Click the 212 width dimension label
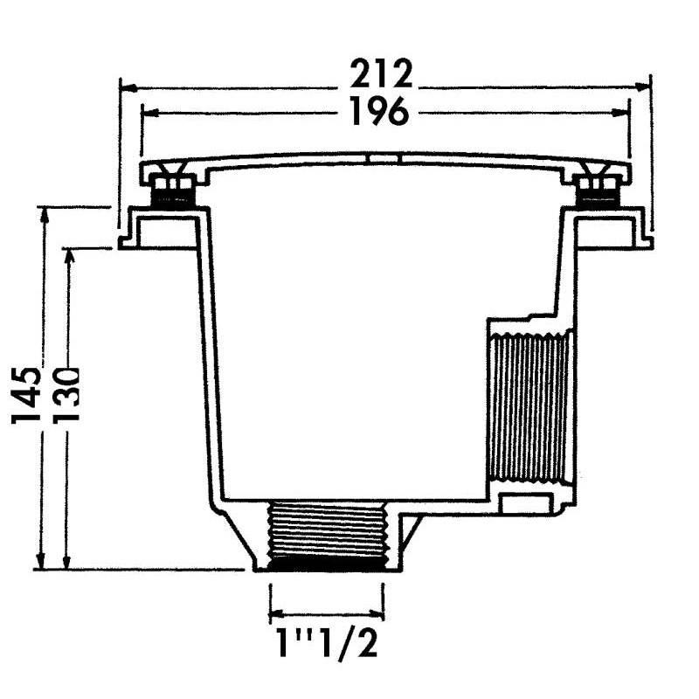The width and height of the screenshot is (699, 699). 381,74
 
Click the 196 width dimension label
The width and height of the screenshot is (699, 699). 379,111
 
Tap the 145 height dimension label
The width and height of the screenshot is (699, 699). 27,395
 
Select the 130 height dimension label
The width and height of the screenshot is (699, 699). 66,395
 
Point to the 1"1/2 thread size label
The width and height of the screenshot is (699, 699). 327,641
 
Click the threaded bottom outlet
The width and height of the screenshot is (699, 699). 327,536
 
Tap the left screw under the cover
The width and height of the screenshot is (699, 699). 174,190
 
